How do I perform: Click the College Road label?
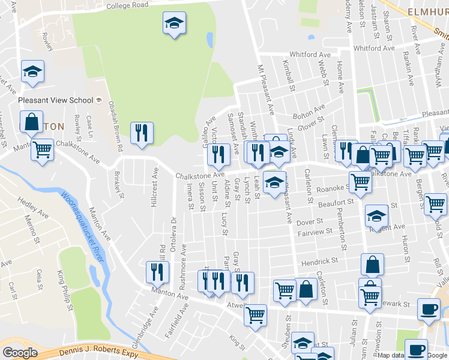(127, 5)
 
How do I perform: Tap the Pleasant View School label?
(56, 101)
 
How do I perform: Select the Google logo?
(20, 353)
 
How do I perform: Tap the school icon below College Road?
(175, 23)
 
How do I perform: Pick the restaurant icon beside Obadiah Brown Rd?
(142, 133)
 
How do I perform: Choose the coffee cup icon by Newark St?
(429, 309)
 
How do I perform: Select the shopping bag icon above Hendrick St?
(373, 265)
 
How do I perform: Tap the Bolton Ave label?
(308, 112)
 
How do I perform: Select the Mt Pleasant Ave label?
(266, 89)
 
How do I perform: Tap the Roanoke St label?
(328, 187)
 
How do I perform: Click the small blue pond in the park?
(209, 40)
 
